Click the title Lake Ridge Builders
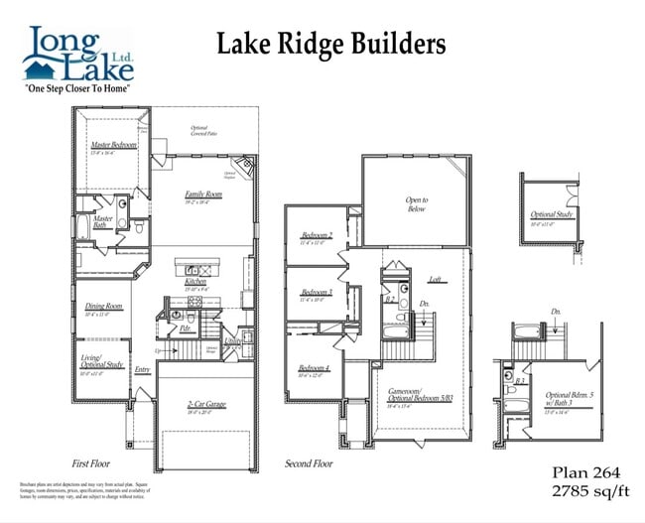(331, 44)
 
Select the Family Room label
(203, 195)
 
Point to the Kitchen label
(194, 282)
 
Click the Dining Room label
(103, 307)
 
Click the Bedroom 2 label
(316, 235)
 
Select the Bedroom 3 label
(316, 292)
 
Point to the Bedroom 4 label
(314, 368)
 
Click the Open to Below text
(416, 204)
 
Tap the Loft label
(434, 280)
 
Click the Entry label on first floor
(142, 368)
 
